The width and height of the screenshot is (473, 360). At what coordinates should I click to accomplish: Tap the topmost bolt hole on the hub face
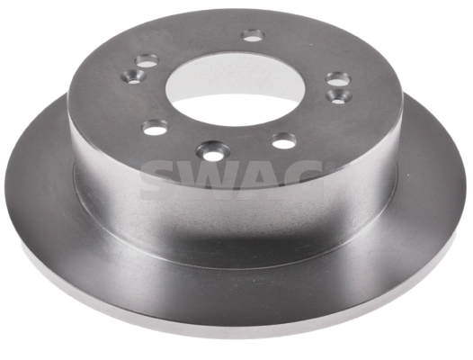[253, 35]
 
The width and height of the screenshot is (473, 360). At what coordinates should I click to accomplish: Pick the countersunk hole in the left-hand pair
[136, 75]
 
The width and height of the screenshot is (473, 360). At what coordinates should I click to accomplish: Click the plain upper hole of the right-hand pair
[337, 79]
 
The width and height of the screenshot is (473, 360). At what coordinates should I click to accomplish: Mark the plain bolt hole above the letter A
[284, 140]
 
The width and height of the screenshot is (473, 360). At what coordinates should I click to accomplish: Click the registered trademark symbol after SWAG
[329, 166]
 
